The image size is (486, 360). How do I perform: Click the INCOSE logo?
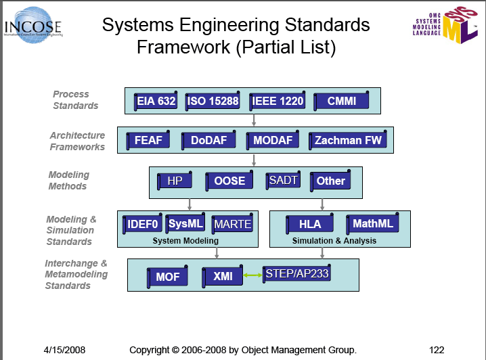coord(32,26)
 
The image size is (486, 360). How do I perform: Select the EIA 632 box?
coord(156,102)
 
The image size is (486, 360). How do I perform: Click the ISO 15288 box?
coord(213,102)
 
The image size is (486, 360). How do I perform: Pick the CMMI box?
coord(342,102)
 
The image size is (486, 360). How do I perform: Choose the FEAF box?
coord(148,141)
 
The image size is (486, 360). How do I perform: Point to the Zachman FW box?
coord(348,141)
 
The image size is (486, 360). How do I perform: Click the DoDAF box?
coord(208,141)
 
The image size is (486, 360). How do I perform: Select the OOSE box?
coord(229,181)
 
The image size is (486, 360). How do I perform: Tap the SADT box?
coord(283,180)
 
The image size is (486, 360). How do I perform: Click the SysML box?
coord(185,223)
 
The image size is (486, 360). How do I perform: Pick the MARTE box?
coord(232,224)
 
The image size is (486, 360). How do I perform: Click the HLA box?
coord(310,224)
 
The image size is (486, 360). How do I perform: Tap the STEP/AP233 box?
coord(297,273)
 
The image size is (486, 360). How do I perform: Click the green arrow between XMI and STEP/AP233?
coord(253,275)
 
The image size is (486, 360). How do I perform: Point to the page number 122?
coord(437,350)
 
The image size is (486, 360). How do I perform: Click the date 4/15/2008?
coord(64,350)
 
